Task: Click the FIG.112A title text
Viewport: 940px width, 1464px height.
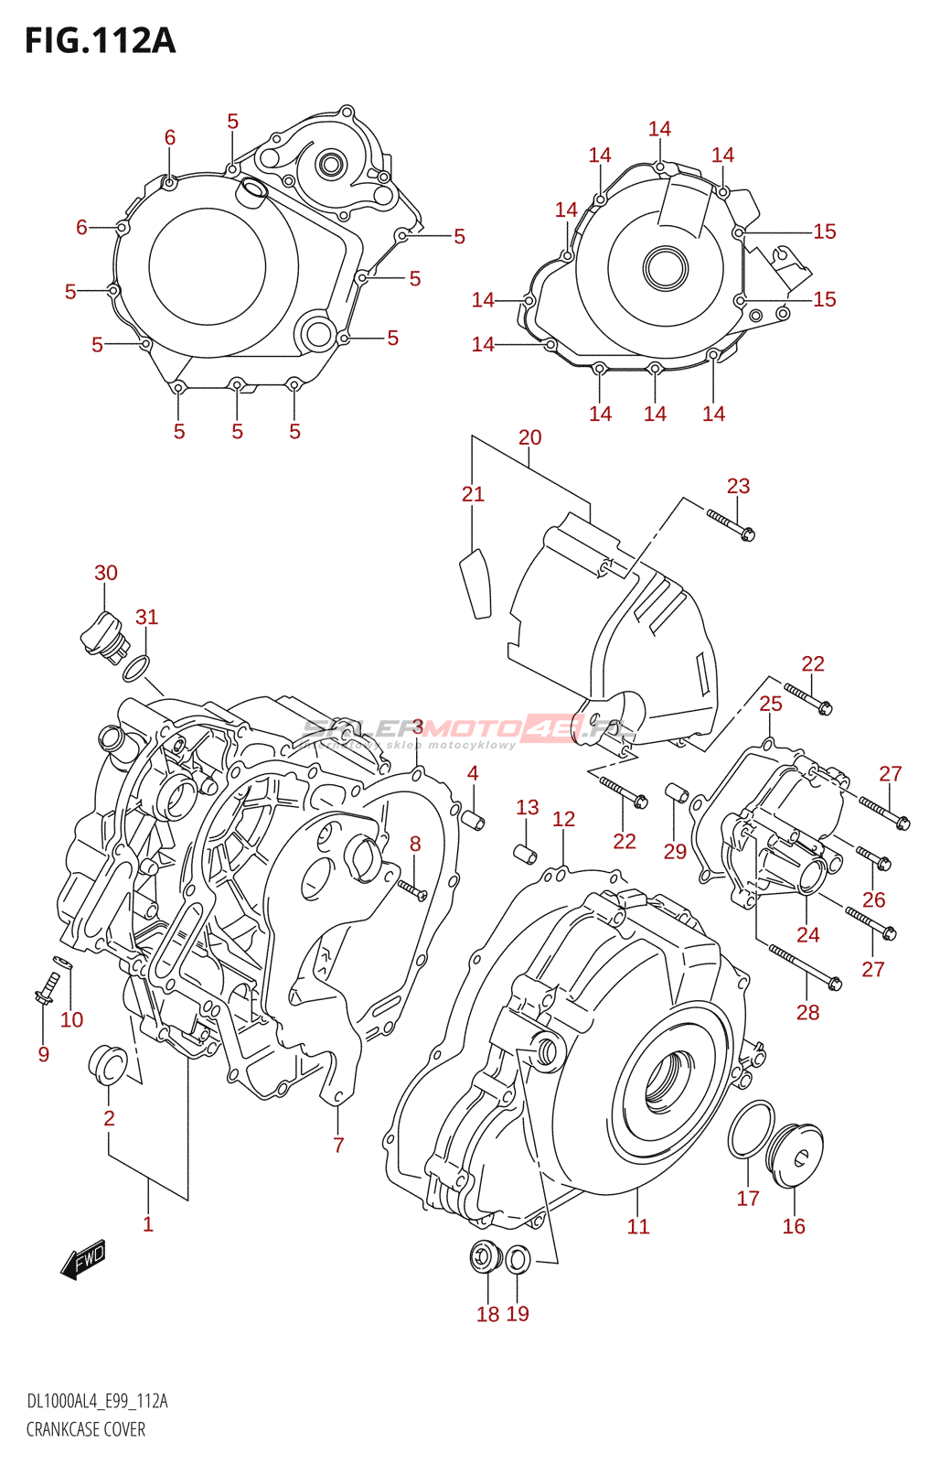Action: pos(100,41)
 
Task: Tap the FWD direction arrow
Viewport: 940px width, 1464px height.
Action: pos(83,1260)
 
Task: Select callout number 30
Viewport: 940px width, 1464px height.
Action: pos(106,573)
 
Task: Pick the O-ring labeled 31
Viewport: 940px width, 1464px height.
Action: pos(136,669)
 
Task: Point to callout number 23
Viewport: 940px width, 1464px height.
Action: pos(738,486)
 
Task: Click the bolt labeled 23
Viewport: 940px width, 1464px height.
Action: pos(731,524)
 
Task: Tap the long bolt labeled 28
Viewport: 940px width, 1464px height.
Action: pos(805,968)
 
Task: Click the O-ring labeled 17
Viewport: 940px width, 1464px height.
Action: pos(752,1130)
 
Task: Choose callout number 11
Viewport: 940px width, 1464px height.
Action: pos(638,1226)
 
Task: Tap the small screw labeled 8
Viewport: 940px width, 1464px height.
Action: pos(411,887)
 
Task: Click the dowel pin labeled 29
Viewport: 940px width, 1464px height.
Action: pos(677,791)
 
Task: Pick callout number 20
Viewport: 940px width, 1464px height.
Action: pos(530,437)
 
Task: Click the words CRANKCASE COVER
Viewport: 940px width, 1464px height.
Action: pos(86,1429)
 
